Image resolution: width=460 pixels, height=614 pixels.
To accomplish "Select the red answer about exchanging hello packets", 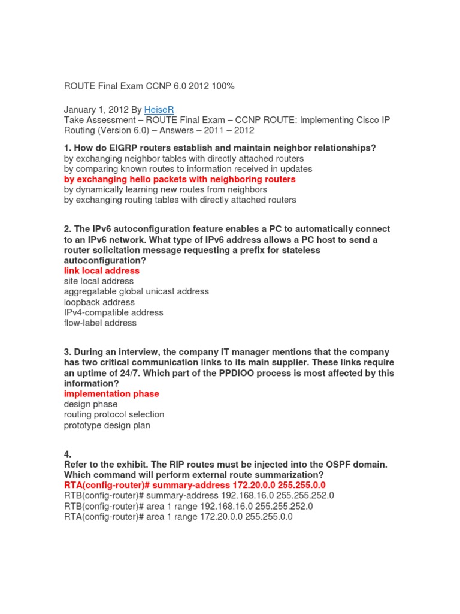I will (x=180, y=179).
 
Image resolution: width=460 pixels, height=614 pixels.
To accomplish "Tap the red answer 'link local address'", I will (x=102, y=270).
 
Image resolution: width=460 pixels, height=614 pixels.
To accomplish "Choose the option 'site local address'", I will (x=99, y=281).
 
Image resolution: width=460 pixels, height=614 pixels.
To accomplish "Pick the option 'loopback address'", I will (x=99, y=302).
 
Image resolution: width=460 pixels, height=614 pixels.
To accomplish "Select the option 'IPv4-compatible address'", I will (x=113, y=312).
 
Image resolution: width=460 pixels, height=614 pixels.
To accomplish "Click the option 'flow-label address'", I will (x=100, y=323).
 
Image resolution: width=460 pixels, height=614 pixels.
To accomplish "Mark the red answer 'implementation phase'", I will (x=111, y=394).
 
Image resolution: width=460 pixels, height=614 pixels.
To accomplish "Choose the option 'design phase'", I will (x=90, y=404).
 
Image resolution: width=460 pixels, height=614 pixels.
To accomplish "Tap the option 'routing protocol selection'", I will (x=114, y=414).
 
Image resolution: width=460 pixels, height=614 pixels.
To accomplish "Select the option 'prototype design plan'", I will (x=107, y=425).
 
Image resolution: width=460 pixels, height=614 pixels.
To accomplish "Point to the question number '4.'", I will (x=68, y=455).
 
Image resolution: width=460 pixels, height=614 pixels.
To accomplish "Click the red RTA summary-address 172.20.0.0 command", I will (x=195, y=485).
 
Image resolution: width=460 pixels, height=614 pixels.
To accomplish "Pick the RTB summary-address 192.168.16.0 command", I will (x=199, y=495).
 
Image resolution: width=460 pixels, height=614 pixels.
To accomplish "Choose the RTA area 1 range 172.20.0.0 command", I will (x=178, y=516).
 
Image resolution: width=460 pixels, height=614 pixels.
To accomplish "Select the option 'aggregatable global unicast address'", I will (x=137, y=291).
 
